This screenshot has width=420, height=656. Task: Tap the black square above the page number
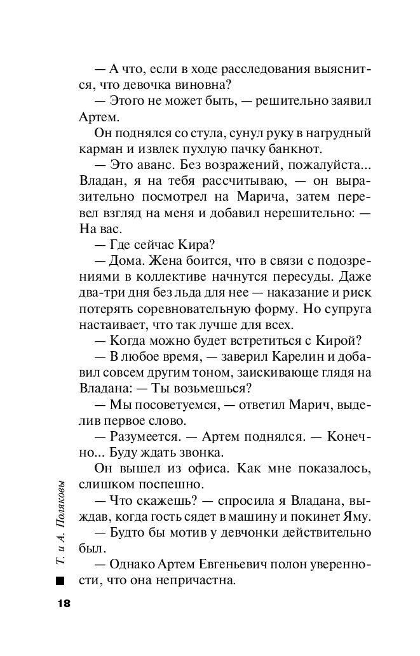60,581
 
